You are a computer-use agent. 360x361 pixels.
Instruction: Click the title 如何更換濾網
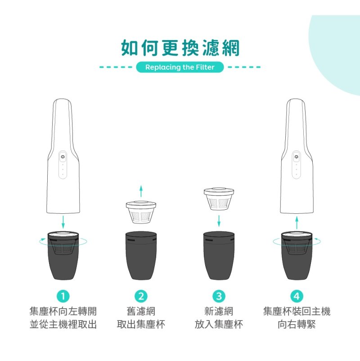[180, 48]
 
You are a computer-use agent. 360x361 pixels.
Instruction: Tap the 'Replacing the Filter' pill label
[180, 67]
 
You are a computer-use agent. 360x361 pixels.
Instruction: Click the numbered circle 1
[63, 296]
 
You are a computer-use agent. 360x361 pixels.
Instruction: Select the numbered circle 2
[141, 296]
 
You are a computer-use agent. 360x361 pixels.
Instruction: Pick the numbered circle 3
[219, 296]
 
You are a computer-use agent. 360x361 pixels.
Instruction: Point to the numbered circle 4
[297, 296]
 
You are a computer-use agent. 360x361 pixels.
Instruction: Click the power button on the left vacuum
[63, 157]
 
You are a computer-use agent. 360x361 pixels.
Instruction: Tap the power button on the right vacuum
[296, 157]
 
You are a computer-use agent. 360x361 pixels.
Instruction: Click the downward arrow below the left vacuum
[63, 222]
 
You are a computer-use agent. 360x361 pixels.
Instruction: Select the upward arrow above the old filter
[141, 192]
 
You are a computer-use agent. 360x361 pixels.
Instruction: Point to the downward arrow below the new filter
[219, 221]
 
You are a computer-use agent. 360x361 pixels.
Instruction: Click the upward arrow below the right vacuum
[297, 222]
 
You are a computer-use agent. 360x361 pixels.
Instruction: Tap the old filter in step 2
[141, 212]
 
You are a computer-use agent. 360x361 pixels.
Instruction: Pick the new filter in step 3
[219, 199]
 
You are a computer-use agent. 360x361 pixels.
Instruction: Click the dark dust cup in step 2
[141, 256]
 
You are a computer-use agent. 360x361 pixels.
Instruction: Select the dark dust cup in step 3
[219, 256]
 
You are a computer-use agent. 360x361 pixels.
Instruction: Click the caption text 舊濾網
[141, 311]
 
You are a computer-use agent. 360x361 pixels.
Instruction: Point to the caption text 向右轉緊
[297, 325]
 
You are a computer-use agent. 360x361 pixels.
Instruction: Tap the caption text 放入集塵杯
[219, 325]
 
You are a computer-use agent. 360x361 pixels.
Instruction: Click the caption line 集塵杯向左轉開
[63, 311]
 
